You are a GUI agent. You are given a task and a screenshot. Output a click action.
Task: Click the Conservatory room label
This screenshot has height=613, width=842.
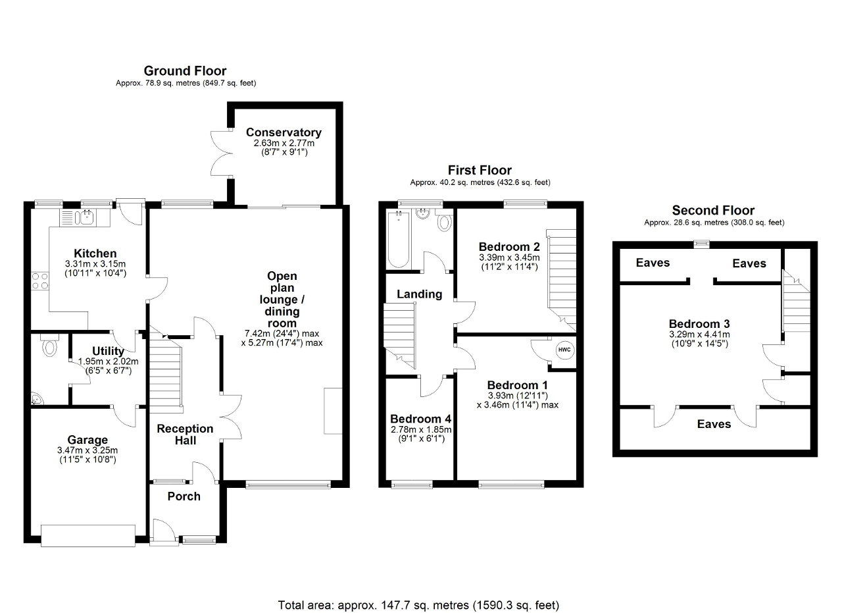284,132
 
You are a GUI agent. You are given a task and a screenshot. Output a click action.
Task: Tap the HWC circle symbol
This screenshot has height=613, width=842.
564,350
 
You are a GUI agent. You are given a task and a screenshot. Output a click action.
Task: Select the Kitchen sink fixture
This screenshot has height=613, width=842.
85,217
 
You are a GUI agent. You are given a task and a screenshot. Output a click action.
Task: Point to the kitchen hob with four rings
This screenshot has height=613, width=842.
40,281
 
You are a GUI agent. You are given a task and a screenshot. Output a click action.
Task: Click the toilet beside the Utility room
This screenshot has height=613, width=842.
49,346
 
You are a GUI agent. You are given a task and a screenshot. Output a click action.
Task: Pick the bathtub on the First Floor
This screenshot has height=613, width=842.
399,239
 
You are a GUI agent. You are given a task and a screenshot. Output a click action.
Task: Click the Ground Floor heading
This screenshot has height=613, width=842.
186,70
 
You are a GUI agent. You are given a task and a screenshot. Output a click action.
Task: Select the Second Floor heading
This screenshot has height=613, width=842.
713,210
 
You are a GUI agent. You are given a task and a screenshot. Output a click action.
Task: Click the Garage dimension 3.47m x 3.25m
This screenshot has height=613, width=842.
87,450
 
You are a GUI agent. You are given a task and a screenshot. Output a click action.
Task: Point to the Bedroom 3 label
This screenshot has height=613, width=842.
699,324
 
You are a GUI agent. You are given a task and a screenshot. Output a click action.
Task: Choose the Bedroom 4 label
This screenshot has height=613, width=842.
420,419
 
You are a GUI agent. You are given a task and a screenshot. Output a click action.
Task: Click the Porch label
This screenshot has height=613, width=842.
184,496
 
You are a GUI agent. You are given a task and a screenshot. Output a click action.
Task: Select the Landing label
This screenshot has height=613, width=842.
420,294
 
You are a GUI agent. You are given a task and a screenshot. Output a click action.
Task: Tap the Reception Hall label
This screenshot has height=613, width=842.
185,435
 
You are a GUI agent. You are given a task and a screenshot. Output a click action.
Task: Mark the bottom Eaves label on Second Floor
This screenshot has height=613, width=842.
714,424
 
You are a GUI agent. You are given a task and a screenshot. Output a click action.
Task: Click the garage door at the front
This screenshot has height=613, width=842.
88,536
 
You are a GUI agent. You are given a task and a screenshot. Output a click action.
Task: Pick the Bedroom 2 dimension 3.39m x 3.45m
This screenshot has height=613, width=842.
509,257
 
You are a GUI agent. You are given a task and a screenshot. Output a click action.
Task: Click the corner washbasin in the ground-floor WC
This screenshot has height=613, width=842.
36,399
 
